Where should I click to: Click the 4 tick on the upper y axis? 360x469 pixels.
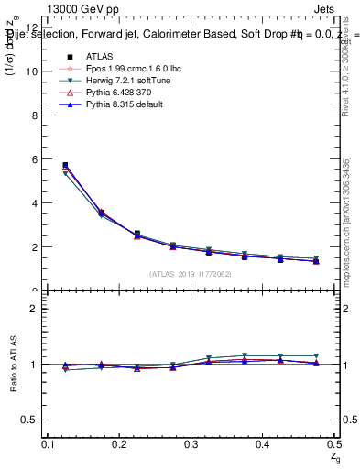pyautogui.click(x=35, y=203)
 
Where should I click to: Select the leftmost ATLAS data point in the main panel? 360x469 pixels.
pyautogui.click(x=64, y=166)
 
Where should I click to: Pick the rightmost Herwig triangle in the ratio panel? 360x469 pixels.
pyautogui.click(x=316, y=355)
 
